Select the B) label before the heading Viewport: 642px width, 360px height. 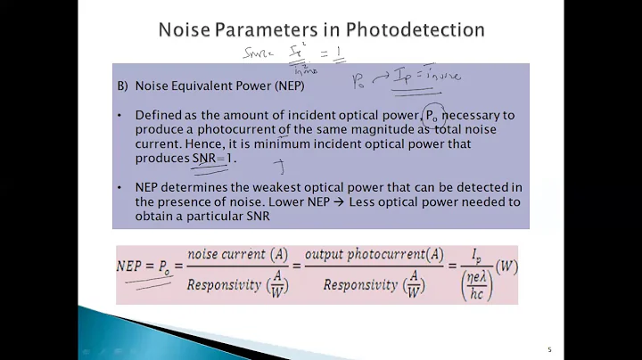coord(124,87)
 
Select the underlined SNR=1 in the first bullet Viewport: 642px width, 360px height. coord(215,158)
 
